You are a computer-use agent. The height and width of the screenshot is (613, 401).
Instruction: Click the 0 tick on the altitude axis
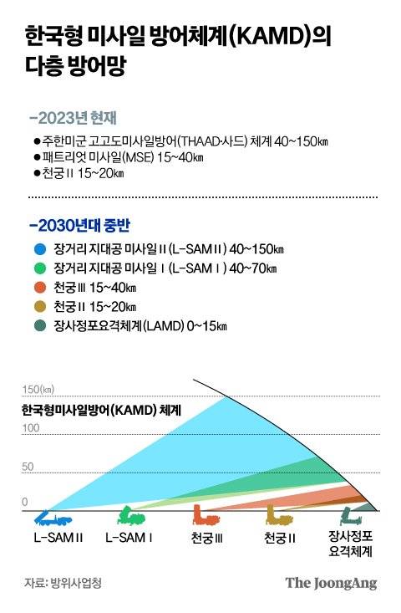(x=25, y=502)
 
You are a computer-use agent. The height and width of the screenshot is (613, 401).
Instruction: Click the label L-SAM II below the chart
(x=58, y=536)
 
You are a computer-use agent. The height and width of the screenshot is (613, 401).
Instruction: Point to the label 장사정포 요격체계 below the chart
(x=351, y=544)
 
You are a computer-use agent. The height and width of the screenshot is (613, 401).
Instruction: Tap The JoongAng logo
(x=331, y=583)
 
